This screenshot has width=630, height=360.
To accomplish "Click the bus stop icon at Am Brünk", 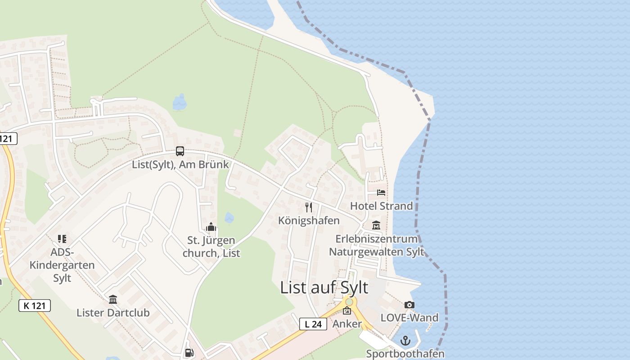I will pyautogui.click(x=180, y=151).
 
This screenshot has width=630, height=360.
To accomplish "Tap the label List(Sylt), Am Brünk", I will pyautogui.click(x=180, y=164).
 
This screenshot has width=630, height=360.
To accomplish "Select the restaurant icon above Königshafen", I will pyautogui.click(x=309, y=207).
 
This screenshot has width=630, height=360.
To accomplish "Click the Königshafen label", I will pyautogui.click(x=309, y=220).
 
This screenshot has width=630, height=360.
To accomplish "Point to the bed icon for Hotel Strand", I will pyautogui.click(x=381, y=193).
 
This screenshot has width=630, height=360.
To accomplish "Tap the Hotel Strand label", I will pyautogui.click(x=381, y=206).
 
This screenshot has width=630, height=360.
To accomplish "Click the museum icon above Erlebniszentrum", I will pyautogui.click(x=376, y=225).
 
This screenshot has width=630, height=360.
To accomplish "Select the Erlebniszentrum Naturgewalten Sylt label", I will pyautogui.click(x=377, y=245).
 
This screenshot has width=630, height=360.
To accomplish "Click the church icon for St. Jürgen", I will pyautogui.click(x=211, y=227).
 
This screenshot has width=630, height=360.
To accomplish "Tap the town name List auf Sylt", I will pyautogui.click(x=324, y=288).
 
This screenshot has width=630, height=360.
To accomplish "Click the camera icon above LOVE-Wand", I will pyautogui.click(x=409, y=305).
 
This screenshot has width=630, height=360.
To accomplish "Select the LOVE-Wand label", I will pyautogui.click(x=409, y=318).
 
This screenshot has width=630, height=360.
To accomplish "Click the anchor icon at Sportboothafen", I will pyautogui.click(x=405, y=341).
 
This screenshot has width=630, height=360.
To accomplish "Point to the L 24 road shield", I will pyautogui.click(x=313, y=324).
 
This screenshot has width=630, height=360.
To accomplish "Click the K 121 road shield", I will pyautogui.click(x=35, y=306).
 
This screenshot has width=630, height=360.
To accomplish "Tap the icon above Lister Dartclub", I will pyautogui.click(x=113, y=299).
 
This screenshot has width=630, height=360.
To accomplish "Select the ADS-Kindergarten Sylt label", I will pyautogui.click(x=62, y=265).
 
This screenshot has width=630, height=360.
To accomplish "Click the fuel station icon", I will pyautogui.click(x=189, y=353).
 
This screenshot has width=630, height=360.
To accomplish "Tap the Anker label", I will pyautogui.click(x=347, y=324).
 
